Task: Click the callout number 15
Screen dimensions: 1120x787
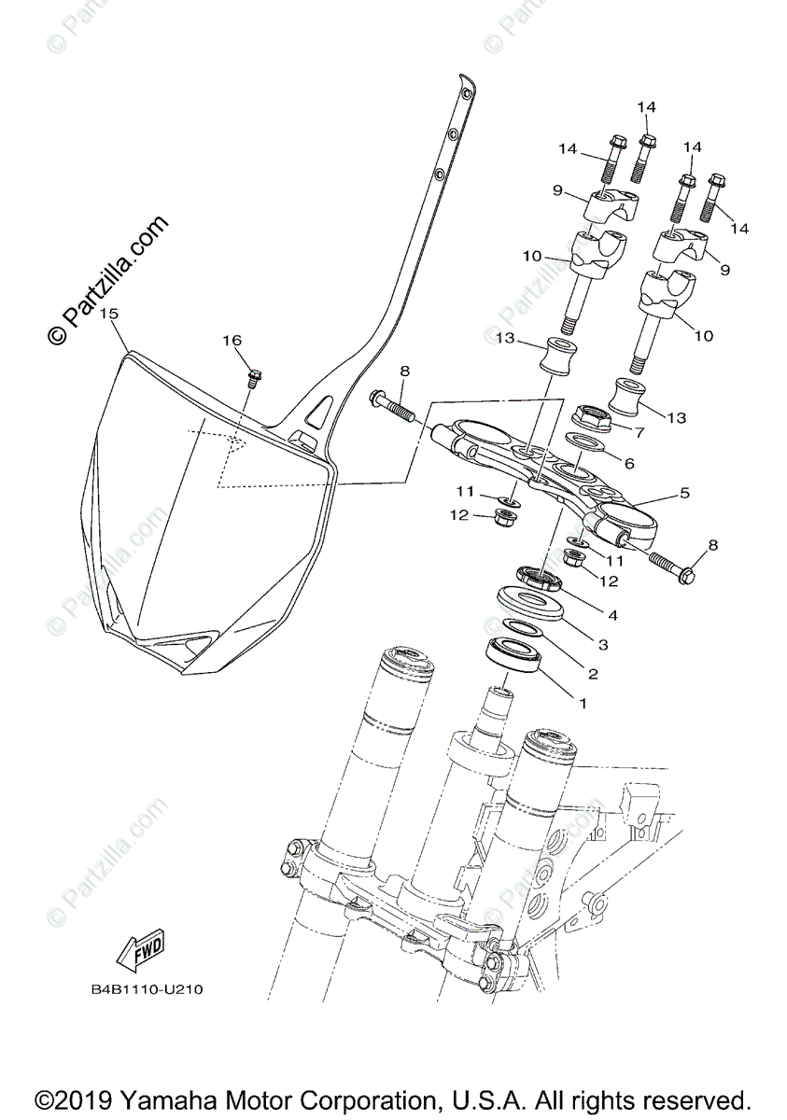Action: (109, 315)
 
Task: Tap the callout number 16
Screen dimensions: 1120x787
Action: (232, 342)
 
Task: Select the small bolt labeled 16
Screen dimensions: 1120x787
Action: (253, 378)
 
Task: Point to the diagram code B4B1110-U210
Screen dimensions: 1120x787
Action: (148, 987)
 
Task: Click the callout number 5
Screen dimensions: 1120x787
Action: (684, 492)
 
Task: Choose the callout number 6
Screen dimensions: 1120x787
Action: (628, 463)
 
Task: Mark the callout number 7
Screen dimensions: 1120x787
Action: (639, 432)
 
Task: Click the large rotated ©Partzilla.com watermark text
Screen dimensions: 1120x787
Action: (109, 280)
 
